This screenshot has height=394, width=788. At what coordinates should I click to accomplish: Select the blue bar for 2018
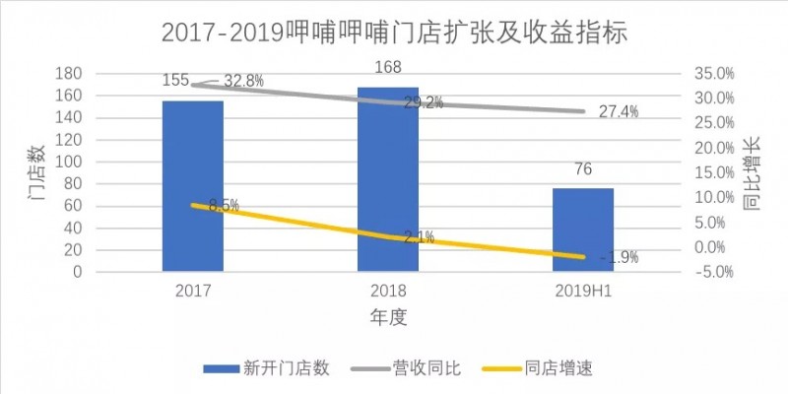388,178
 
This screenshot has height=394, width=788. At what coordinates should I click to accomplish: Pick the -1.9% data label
619,257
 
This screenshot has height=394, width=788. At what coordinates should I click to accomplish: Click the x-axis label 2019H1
582,292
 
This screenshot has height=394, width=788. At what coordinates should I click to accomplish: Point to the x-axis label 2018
388,292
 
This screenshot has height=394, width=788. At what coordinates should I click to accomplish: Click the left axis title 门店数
36,173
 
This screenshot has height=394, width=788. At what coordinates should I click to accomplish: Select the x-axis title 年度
388,317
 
